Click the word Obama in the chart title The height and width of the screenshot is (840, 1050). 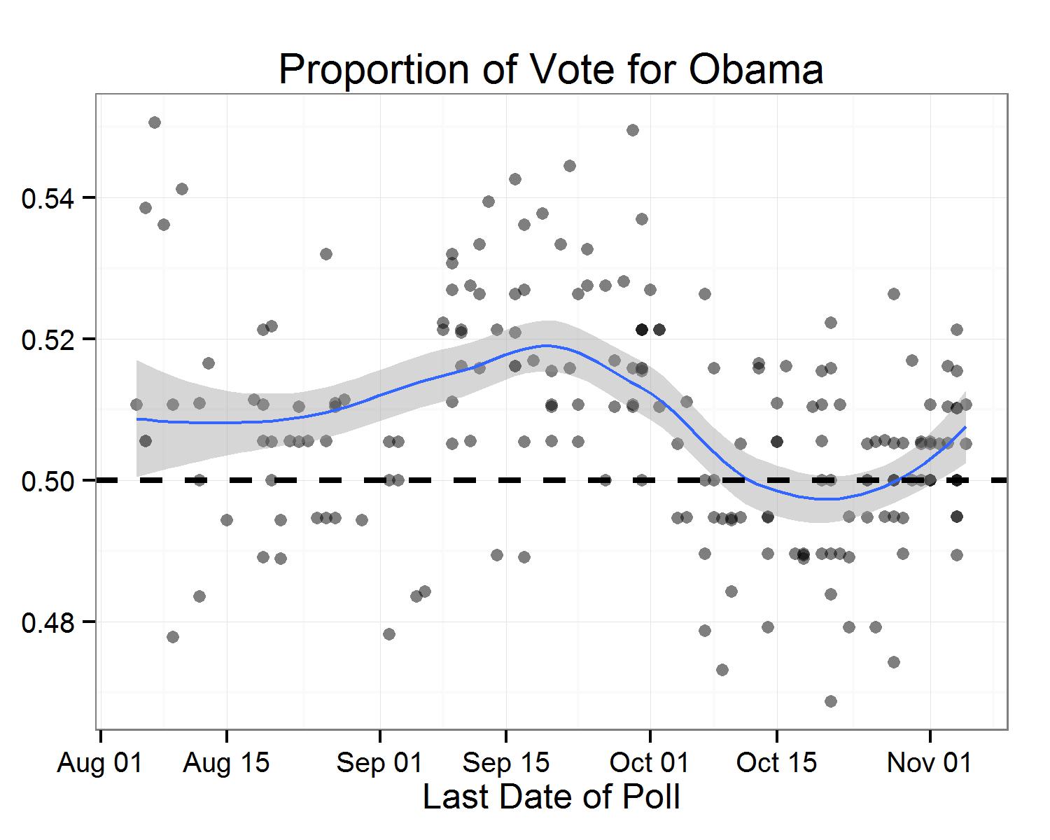(756, 69)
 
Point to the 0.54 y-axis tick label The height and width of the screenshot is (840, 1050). (48, 198)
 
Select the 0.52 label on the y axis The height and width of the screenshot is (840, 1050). (48, 339)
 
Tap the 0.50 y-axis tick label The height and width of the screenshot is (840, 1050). (48, 482)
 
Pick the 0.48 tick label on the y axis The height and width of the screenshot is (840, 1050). (48, 623)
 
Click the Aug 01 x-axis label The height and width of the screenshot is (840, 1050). (99, 763)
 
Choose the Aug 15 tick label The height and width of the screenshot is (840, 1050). (226, 763)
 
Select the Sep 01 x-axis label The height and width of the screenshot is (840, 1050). (379, 763)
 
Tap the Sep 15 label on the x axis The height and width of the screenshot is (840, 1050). (506, 763)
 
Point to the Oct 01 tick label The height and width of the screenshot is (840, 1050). (650, 763)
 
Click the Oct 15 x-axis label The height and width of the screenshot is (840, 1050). (776, 763)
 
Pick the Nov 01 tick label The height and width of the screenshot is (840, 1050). (930, 763)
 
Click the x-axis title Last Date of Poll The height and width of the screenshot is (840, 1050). (552, 797)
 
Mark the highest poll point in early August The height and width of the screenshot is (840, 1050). (155, 122)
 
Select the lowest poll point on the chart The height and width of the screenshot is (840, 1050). (831, 701)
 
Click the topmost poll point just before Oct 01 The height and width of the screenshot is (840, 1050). (633, 130)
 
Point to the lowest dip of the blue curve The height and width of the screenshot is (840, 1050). (825, 499)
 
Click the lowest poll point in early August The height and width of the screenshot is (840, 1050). (173, 637)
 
